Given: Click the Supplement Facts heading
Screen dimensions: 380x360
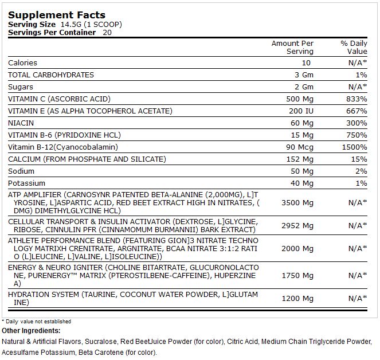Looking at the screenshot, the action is (x=57, y=15).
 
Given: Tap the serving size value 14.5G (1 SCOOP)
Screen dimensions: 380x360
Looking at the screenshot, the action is (x=91, y=25).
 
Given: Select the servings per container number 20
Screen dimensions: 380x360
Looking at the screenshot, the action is (x=107, y=33).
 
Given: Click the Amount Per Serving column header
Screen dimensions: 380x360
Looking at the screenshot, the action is (x=292, y=47).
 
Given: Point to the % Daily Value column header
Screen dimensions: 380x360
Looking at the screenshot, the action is (x=354, y=47).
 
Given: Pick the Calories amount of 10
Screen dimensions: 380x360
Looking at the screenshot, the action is (x=306, y=63).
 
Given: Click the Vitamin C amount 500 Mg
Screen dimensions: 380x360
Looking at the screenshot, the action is (x=300, y=99).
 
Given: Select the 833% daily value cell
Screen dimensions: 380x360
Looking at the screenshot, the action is (x=357, y=99).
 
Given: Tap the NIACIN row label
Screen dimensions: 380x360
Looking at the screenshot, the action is (x=21, y=123).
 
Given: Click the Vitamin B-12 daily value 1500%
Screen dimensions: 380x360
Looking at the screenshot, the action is (x=355, y=147).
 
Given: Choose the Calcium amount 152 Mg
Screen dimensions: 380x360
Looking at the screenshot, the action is (x=300, y=159).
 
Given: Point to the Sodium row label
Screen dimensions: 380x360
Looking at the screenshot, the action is (x=21, y=171).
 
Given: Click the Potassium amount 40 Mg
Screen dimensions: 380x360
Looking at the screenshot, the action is (x=302, y=183).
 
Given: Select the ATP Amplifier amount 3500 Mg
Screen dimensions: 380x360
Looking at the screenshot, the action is (x=297, y=203).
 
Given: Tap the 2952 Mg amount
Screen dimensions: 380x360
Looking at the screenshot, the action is (x=297, y=226).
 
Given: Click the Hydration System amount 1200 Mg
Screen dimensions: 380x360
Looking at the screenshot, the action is (x=297, y=299).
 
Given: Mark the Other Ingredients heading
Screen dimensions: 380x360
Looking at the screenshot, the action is (x=31, y=331).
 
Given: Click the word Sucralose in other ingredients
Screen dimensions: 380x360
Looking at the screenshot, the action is (x=101, y=342).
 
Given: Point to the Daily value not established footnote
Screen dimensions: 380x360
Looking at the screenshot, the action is (x=37, y=322).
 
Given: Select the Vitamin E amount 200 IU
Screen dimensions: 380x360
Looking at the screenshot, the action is (x=301, y=111).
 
